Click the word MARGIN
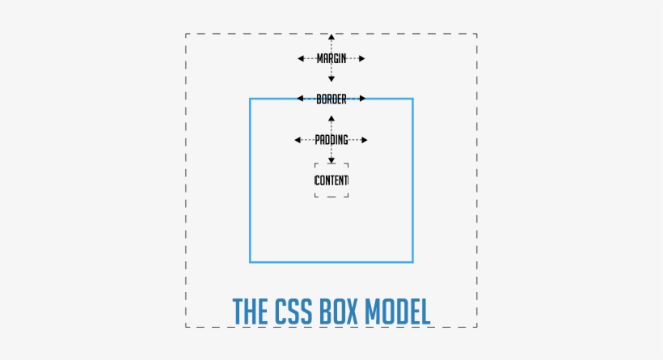click(x=331, y=58)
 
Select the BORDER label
click(x=331, y=99)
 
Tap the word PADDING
click(x=331, y=140)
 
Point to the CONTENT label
click(x=331, y=180)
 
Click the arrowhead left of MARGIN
click(x=301, y=58)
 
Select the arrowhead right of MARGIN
click(x=362, y=58)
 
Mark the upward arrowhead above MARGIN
click(x=331, y=37)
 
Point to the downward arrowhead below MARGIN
click(x=331, y=78)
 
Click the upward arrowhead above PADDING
click(x=331, y=119)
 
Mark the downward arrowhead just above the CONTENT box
click(x=331, y=160)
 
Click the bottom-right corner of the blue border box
click(x=412, y=262)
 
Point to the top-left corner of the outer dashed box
click(x=186, y=34)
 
